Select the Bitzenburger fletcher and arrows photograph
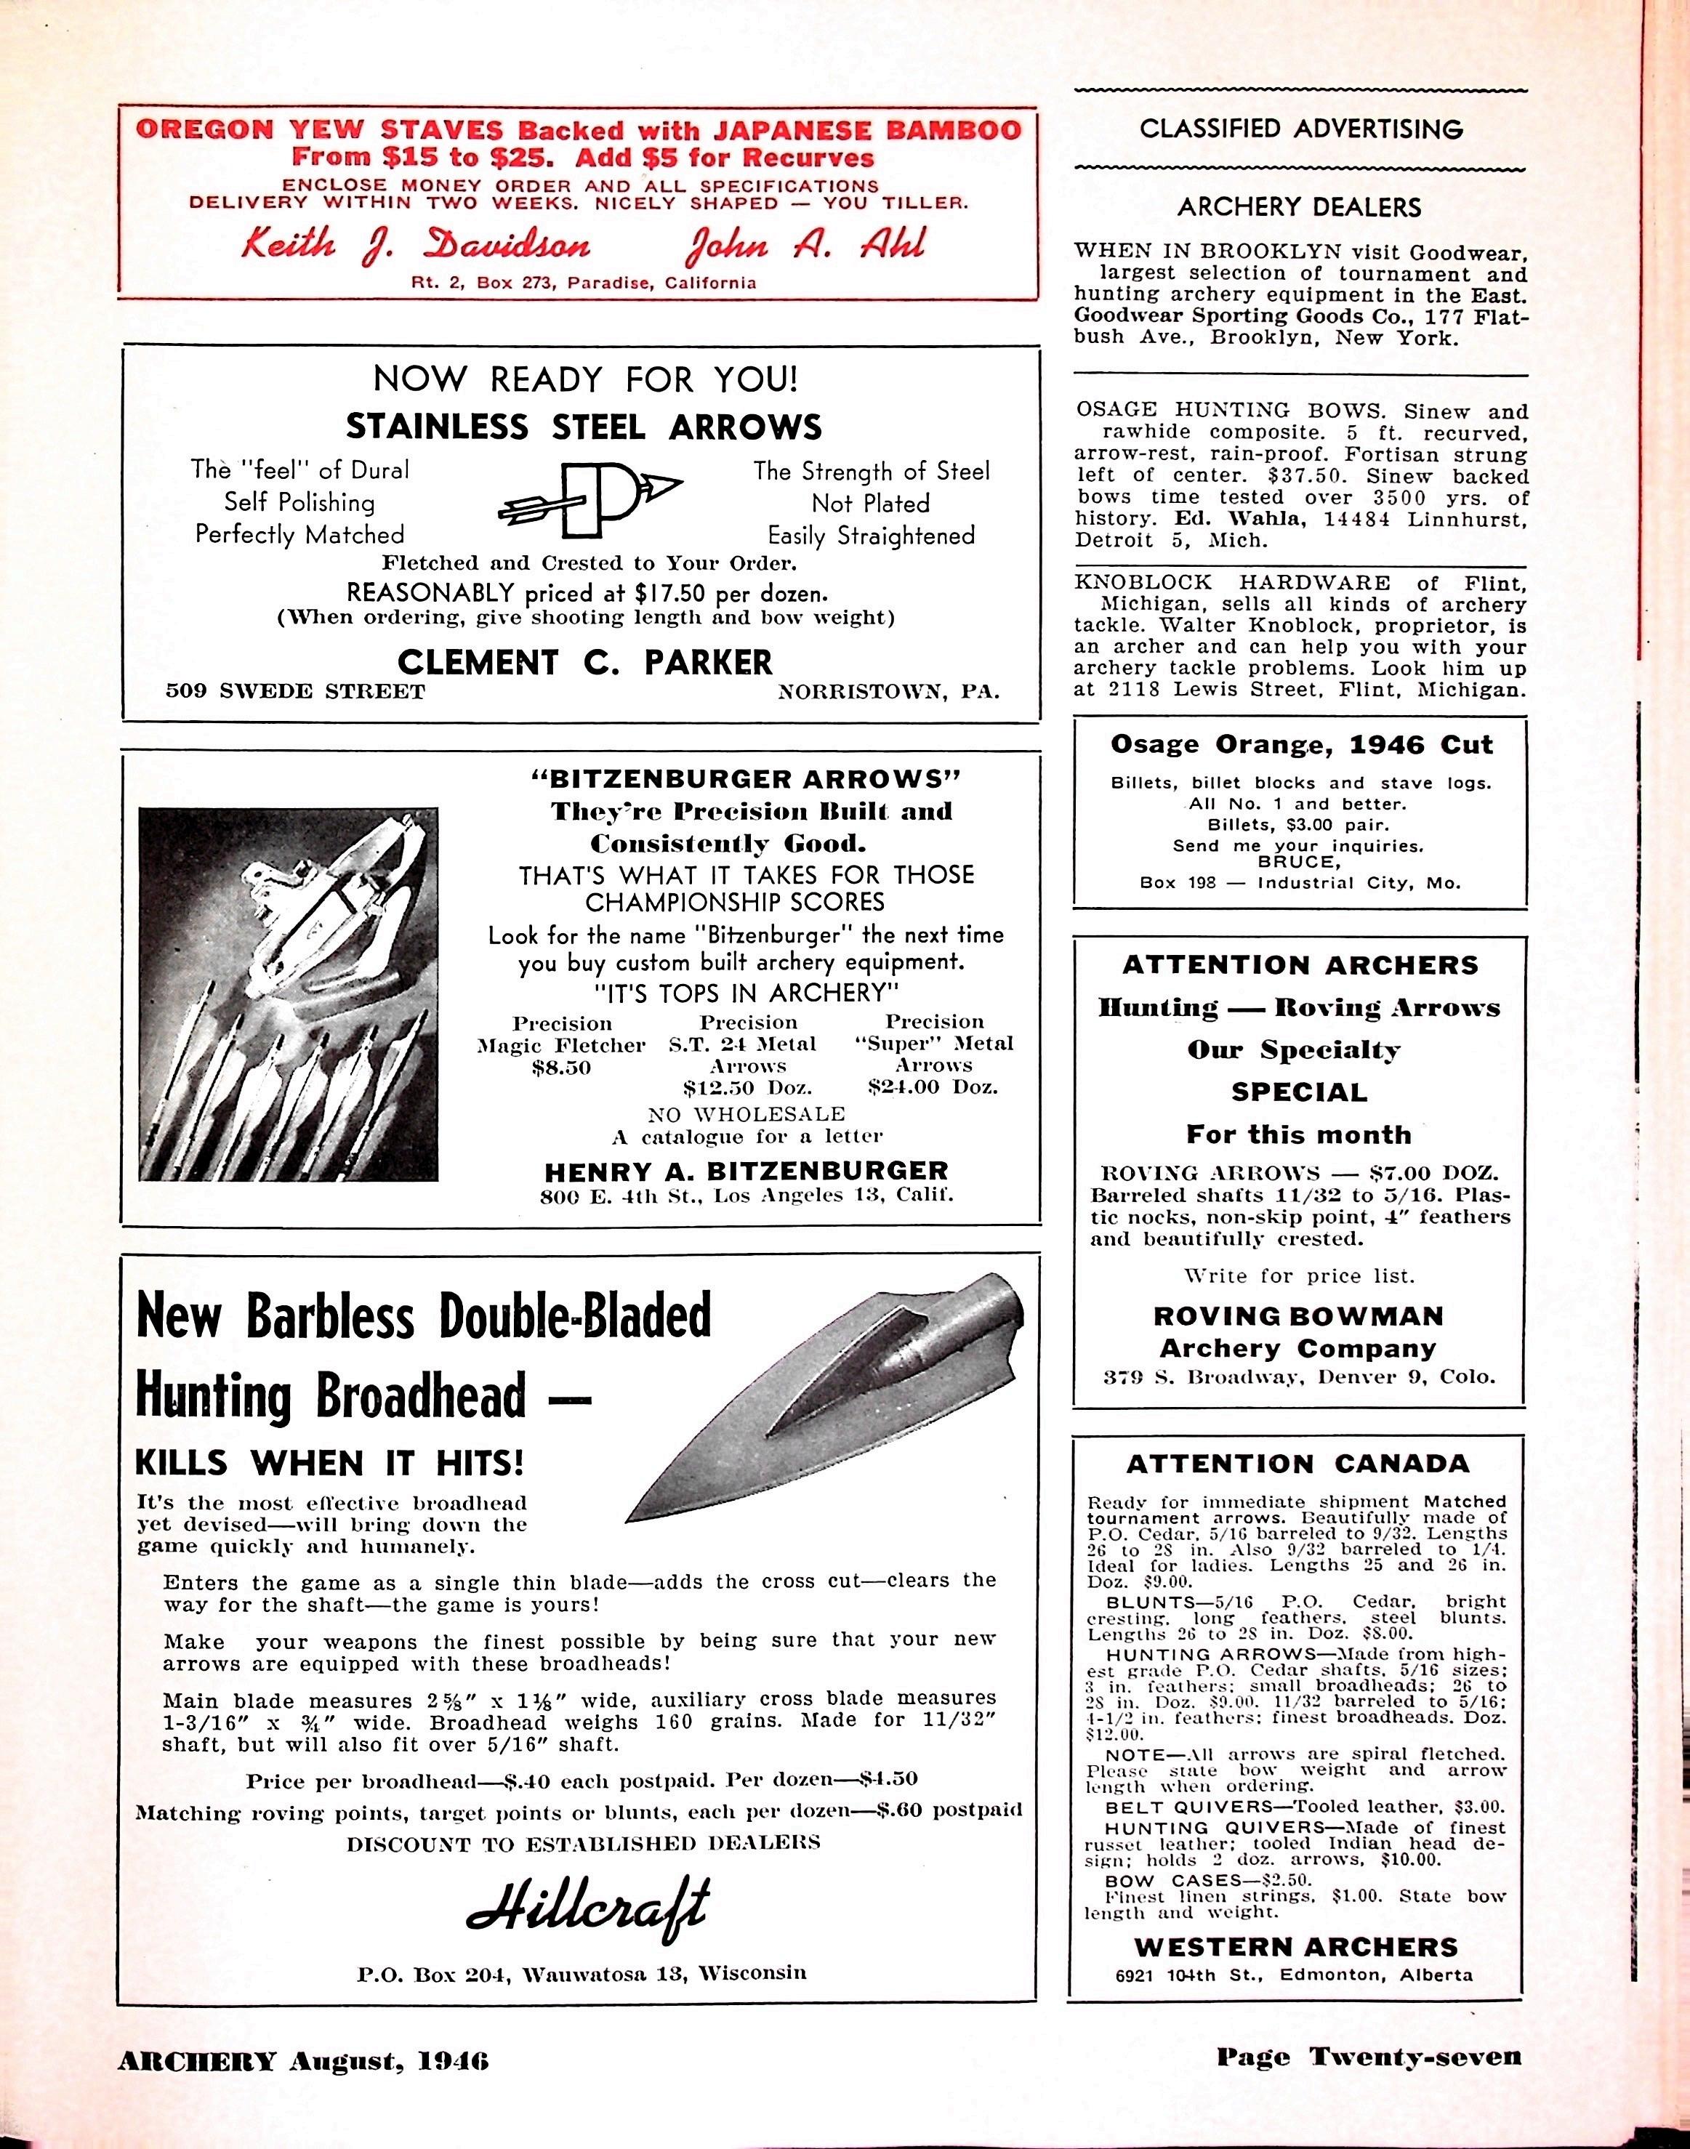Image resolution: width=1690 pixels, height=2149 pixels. [288, 993]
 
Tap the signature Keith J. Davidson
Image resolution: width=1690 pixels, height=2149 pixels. [417, 244]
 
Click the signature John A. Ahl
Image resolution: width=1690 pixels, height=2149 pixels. [808, 244]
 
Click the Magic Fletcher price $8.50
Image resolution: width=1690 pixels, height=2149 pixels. [561, 1068]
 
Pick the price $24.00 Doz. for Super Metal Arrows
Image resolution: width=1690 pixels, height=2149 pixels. [932, 1086]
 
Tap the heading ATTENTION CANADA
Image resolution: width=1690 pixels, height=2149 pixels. [1298, 1464]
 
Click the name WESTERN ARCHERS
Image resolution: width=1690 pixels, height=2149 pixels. [1295, 1947]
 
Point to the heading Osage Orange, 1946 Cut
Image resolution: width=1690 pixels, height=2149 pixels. [1301, 744]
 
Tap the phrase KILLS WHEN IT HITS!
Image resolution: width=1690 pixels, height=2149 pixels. [329, 1461]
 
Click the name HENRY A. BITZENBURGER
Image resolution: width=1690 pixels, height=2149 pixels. [746, 1172]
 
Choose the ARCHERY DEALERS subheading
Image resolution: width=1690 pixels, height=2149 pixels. [1299, 207]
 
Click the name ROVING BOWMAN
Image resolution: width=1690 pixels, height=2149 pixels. [1298, 1316]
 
